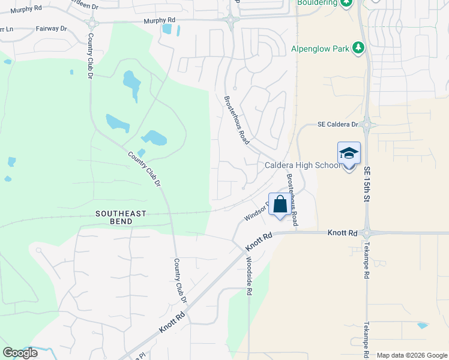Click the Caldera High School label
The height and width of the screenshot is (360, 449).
[302, 166]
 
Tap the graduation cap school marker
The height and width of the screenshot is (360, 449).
[349, 154]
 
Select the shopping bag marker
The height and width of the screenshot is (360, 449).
[280, 204]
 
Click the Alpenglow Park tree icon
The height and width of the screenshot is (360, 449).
[359, 48]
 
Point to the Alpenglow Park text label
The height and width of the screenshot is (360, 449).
[321, 49]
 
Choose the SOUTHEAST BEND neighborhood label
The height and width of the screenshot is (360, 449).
[121, 214]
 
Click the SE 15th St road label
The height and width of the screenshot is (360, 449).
[367, 185]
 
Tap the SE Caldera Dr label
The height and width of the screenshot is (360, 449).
[337, 125]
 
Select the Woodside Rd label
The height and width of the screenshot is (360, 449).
[249, 276]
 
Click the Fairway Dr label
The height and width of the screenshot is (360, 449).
[50, 28]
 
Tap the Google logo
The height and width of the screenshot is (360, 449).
[20, 352]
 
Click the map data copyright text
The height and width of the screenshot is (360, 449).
[411, 355]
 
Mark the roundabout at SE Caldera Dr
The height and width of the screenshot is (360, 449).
[367, 125]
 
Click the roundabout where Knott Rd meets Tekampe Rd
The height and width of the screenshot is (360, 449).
[366, 233]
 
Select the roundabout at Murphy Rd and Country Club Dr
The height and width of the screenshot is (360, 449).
[92, 23]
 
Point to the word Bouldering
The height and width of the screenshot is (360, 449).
[317, 2]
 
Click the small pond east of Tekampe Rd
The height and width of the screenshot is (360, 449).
[423, 325]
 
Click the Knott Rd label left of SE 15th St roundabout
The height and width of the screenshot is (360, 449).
[343, 232]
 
